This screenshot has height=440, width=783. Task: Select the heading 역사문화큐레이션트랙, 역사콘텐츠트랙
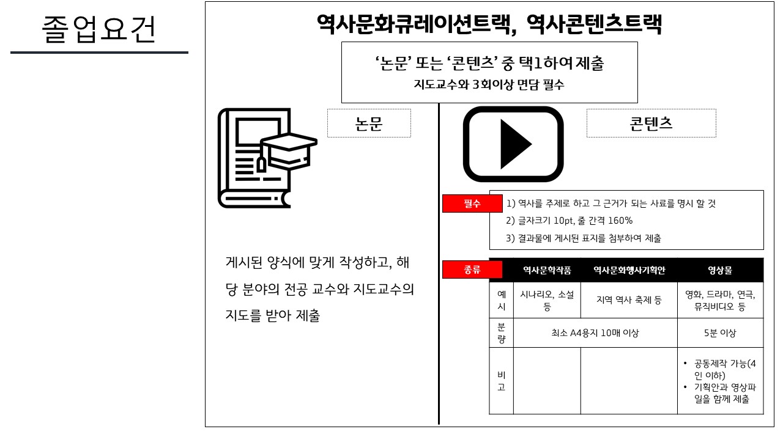click(x=489, y=24)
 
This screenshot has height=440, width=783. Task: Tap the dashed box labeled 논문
click(x=369, y=123)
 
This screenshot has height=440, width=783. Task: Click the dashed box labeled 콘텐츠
click(x=651, y=123)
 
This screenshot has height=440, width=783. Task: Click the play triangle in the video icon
click(x=514, y=145)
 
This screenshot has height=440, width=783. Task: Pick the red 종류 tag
click(x=472, y=269)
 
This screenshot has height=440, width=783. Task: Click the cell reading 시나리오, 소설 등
click(x=547, y=301)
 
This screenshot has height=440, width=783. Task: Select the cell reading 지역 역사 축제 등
click(x=629, y=300)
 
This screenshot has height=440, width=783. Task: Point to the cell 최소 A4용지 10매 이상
click(x=595, y=333)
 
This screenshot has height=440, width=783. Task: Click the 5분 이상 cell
click(x=720, y=333)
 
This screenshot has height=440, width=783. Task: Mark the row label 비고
click(x=501, y=381)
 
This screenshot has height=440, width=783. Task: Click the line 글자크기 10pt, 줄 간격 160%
click(x=569, y=221)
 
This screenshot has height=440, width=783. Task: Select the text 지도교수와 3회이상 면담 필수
click(x=489, y=85)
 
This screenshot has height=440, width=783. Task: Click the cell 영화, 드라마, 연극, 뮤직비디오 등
click(x=720, y=301)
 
